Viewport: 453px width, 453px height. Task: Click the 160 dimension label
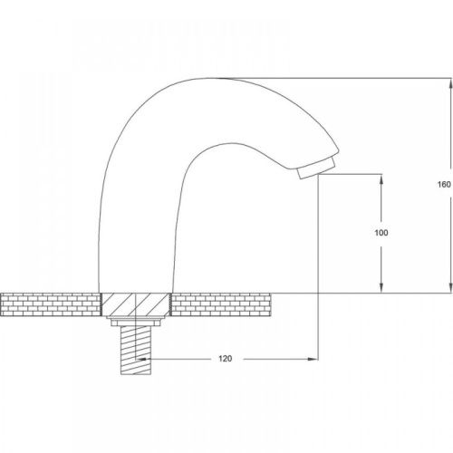pyautogui.click(x=444, y=184)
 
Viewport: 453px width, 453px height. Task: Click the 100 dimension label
pyautogui.click(x=381, y=233)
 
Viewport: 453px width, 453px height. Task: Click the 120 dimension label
pyautogui.click(x=226, y=359)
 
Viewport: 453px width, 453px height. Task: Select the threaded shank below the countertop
pyautogui.click(x=136, y=351)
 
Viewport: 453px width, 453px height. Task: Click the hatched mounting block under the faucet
pyautogui.click(x=135, y=304)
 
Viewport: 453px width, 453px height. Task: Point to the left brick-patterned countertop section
pyautogui.click(x=50, y=304)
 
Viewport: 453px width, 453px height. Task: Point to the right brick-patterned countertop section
pyautogui.click(x=220, y=304)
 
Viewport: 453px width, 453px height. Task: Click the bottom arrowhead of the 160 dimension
pyautogui.click(x=451, y=287)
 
